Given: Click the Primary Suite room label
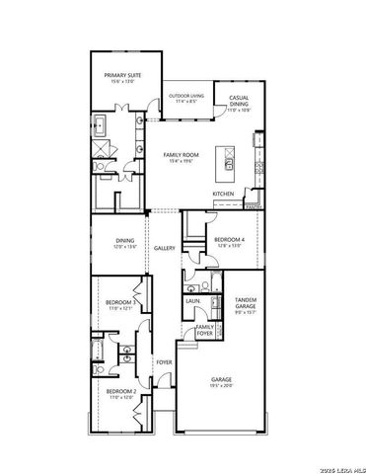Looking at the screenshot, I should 123,73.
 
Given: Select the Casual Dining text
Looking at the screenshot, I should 239,102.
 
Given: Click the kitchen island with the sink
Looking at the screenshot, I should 228,162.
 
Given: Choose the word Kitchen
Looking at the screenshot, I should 223,194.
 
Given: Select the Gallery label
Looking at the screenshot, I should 165,249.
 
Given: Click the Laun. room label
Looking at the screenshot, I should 192,301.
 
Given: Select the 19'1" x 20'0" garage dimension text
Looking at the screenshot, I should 222,386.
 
